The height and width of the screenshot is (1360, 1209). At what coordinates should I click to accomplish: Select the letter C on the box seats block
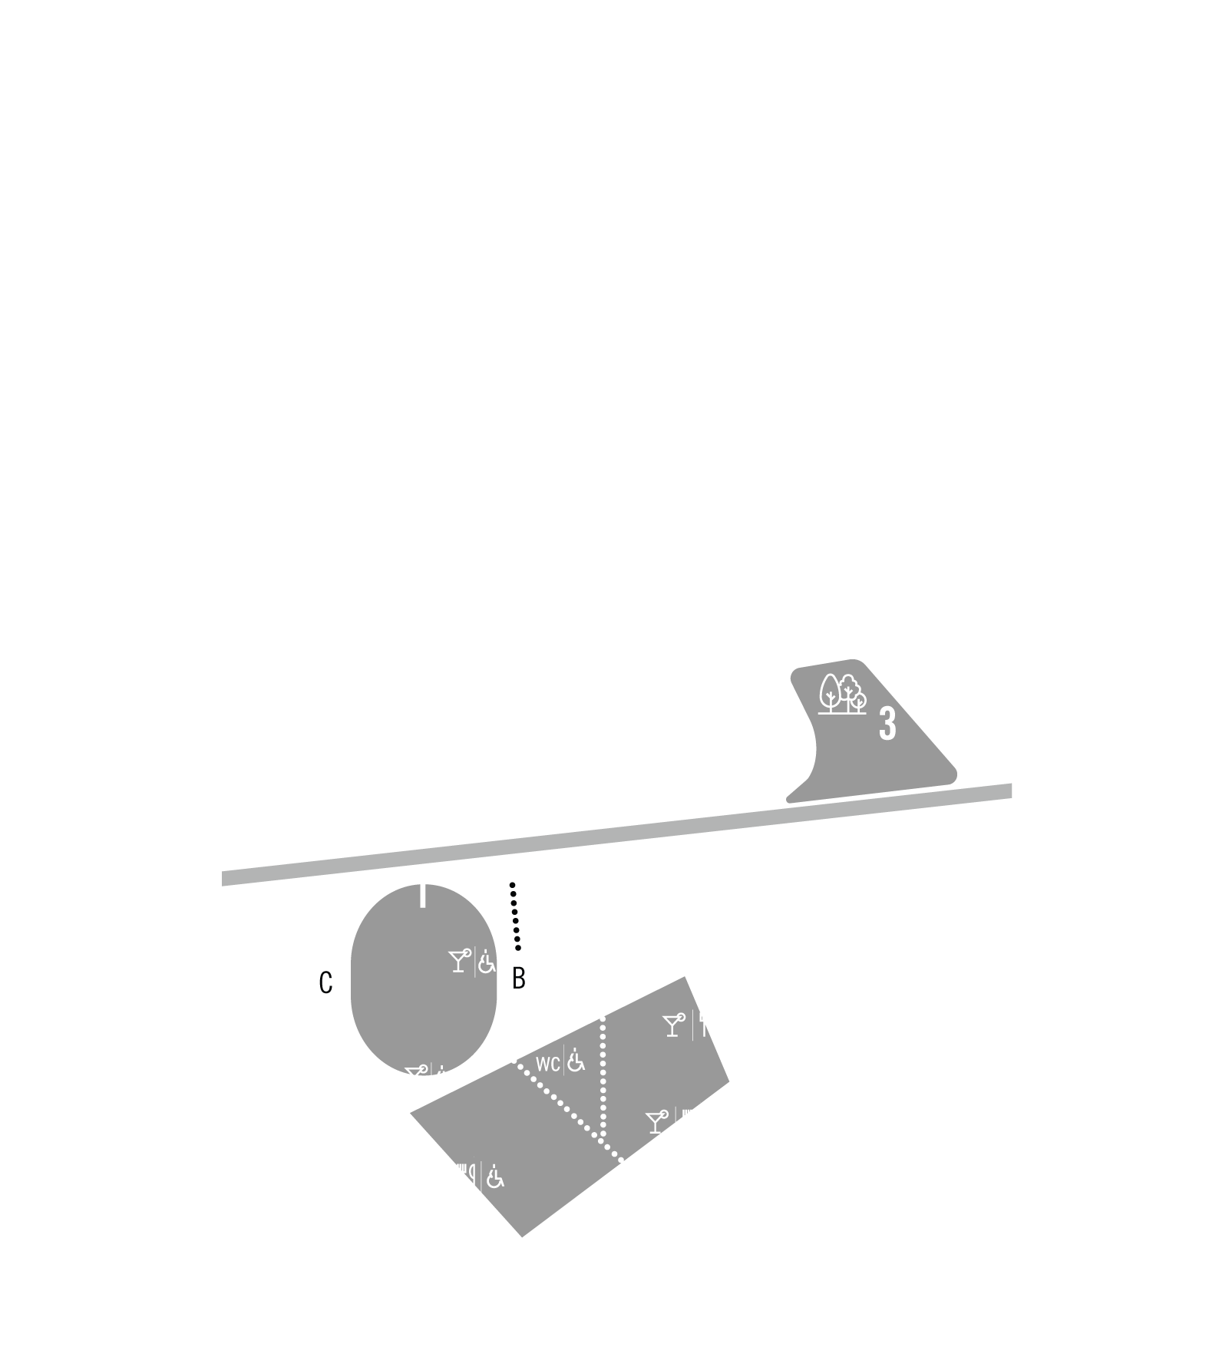point(325,983)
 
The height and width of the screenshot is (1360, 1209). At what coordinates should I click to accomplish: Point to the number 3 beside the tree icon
point(887,723)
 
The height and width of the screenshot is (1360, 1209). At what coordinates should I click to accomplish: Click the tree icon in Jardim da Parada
point(842,694)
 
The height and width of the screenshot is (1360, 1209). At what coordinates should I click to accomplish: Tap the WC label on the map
point(548,1064)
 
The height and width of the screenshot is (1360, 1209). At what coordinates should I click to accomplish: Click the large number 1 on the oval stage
point(421,891)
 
